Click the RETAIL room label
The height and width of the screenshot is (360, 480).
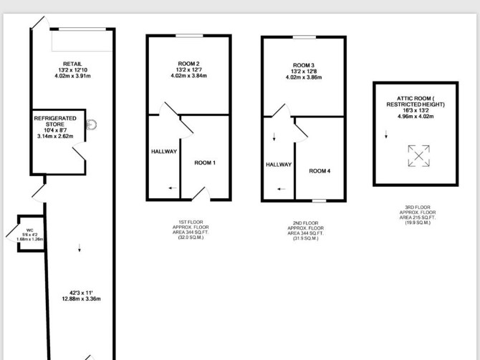click(x=72, y=64)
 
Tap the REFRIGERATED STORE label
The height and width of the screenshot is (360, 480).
click(x=55, y=121)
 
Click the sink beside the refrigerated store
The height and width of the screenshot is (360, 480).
click(x=91, y=125)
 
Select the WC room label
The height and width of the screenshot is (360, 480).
click(x=29, y=230)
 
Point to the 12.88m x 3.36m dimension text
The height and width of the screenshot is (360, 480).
click(x=81, y=299)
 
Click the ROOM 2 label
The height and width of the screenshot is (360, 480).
click(x=188, y=64)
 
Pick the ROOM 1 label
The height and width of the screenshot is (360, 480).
click(x=205, y=162)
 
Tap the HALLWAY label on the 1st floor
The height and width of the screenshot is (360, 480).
click(x=164, y=152)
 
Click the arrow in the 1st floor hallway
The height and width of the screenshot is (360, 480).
click(x=173, y=188)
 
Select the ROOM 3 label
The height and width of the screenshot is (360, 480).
click(x=304, y=65)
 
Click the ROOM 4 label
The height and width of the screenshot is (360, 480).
click(x=320, y=171)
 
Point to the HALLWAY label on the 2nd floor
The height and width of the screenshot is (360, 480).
click(x=279, y=165)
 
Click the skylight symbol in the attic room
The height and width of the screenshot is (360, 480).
click(x=419, y=156)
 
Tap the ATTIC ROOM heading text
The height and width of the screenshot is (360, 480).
click(x=416, y=101)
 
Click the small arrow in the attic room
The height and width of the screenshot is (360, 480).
click(x=386, y=135)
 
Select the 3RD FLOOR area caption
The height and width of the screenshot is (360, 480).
click(x=418, y=215)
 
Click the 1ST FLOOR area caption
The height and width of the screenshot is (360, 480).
click(x=191, y=230)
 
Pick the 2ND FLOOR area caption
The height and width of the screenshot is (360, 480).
click(x=305, y=230)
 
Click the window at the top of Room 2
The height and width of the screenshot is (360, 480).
click(x=189, y=36)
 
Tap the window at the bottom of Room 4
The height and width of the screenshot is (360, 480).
click(x=319, y=200)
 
